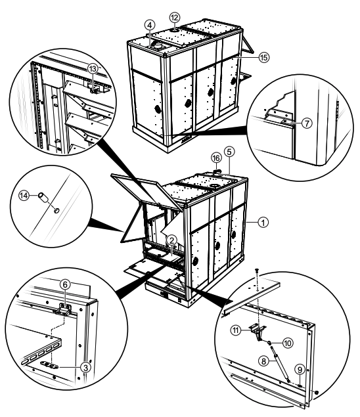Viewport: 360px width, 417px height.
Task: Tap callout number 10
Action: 288,343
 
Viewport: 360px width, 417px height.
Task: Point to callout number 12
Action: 174,16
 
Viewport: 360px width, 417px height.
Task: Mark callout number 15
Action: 264,57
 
